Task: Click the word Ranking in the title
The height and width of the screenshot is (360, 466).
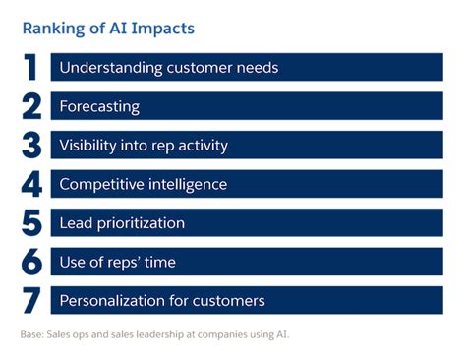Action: (x=56, y=29)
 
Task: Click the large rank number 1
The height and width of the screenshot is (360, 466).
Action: (x=31, y=68)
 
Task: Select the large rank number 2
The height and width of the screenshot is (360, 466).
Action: (x=31, y=106)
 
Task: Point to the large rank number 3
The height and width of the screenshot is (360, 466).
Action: (x=31, y=145)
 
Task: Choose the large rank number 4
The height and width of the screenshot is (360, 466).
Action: (x=31, y=184)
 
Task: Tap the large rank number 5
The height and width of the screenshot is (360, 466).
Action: (x=31, y=222)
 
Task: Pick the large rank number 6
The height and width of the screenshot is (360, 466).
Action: (x=31, y=262)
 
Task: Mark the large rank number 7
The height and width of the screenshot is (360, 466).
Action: (x=31, y=300)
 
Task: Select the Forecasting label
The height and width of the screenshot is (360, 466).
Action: (x=99, y=106)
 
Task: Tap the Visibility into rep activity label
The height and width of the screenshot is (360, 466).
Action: (x=144, y=145)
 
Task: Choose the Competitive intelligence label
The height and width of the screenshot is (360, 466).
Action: (x=143, y=184)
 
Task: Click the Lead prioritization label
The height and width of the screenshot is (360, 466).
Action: (x=122, y=222)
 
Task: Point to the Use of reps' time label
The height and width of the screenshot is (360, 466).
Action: (x=118, y=262)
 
